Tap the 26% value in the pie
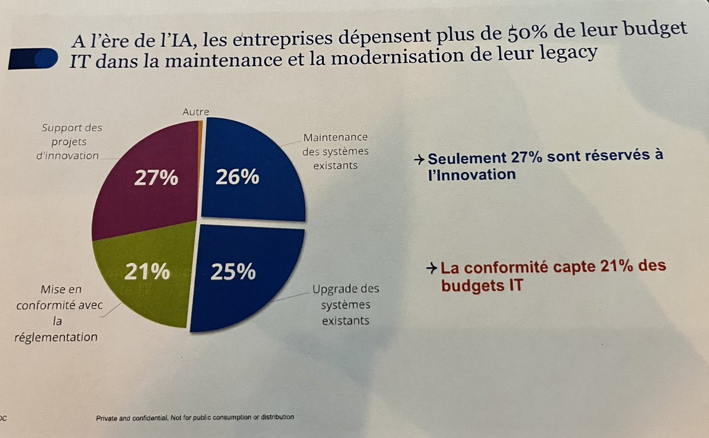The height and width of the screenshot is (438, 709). [x=237, y=176]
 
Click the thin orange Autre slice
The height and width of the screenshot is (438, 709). [x=201, y=124]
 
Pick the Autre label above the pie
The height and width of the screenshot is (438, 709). [x=196, y=111]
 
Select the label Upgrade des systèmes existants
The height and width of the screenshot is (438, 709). [x=346, y=304]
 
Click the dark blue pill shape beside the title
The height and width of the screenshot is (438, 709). [x=34, y=59]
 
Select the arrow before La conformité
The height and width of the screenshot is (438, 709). [x=432, y=268]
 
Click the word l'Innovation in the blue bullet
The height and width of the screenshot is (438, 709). [x=472, y=174]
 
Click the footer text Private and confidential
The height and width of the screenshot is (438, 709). [x=195, y=417]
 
